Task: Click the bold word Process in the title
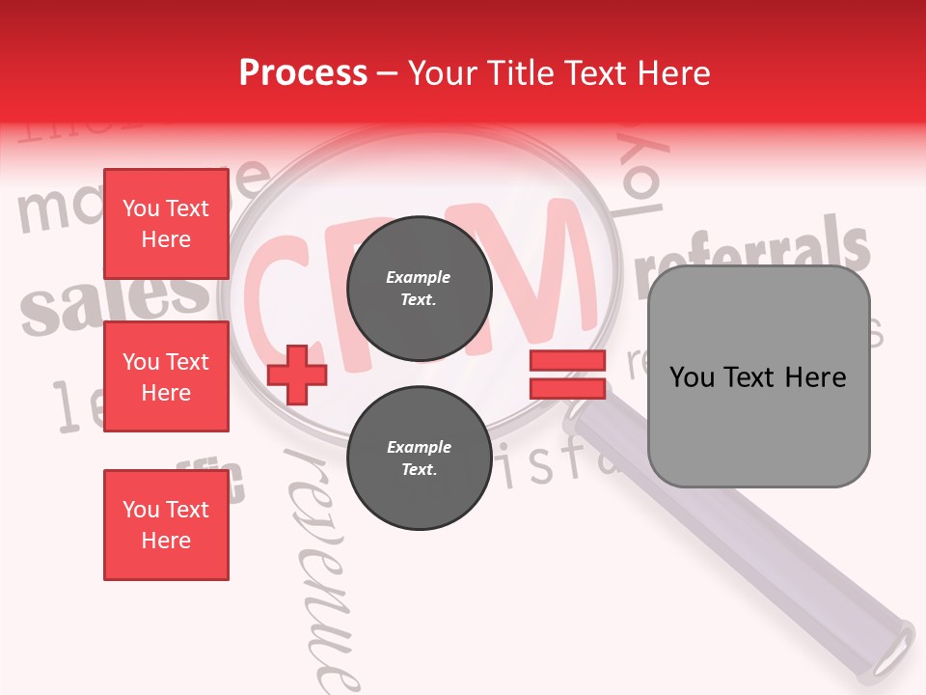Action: pyautogui.click(x=303, y=73)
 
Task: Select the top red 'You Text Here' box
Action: pyautogui.click(x=166, y=224)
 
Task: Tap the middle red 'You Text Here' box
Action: pyautogui.click(x=166, y=376)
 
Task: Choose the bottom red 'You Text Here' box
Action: pyautogui.click(x=166, y=524)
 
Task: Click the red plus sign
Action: pyautogui.click(x=297, y=375)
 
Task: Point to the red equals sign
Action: pyautogui.click(x=567, y=375)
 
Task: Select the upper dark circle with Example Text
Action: pyautogui.click(x=419, y=288)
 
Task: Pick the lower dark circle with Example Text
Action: pyautogui.click(x=419, y=458)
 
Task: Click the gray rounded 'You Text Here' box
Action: pyautogui.click(x=758, y=376)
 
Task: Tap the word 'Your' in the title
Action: pyautogui.click(x=445, y=73)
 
